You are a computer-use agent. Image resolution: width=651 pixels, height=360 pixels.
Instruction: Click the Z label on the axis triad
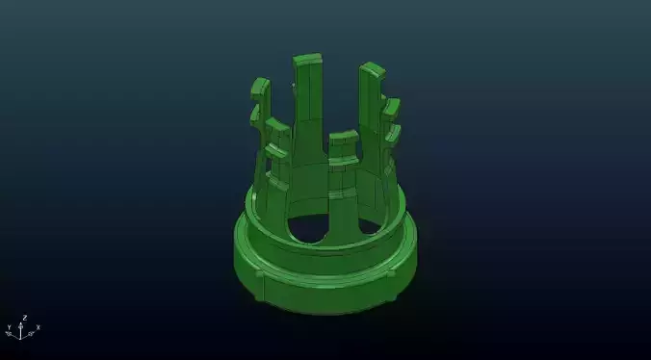coord(24,316)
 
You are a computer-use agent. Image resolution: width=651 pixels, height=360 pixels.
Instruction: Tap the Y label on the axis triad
coord(9,327)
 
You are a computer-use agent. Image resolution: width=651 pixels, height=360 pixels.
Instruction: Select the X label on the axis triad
coord(38,327)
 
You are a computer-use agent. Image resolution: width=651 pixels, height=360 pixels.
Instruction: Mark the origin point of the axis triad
coord(23,335)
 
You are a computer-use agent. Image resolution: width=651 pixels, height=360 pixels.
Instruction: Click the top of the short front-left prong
coord(277,124)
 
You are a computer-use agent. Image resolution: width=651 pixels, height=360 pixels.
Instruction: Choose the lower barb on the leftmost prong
coord(256,115)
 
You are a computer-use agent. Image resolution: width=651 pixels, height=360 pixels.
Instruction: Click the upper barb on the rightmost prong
coord(392,107)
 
